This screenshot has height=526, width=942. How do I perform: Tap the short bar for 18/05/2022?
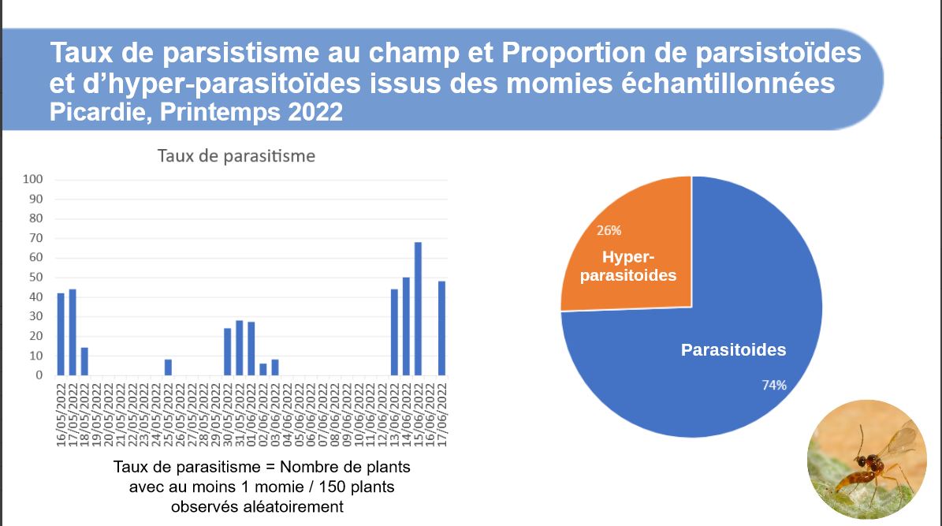84,361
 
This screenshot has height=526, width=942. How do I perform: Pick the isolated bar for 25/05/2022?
168,367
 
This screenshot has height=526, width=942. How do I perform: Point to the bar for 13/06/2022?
394,332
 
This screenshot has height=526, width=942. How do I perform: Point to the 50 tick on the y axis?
35,278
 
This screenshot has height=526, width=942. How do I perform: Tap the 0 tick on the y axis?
39,375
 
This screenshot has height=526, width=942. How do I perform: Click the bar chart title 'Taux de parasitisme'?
236,155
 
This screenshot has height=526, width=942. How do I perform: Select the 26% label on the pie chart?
609,231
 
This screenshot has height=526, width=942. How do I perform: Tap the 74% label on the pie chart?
773,385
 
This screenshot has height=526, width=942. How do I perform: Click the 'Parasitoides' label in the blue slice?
733,350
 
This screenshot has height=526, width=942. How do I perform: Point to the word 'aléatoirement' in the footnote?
295,506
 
